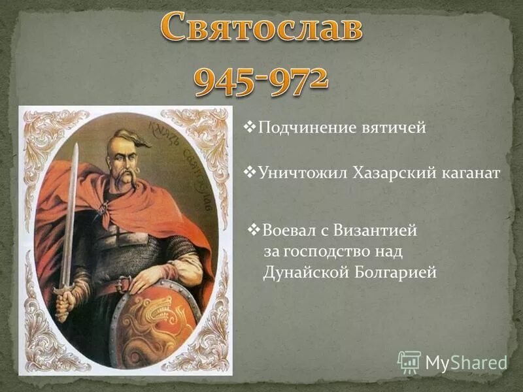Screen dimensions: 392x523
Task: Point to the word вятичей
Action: point(394,128)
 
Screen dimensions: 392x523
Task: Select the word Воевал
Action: point(288,231)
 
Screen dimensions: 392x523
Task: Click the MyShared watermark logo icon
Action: point(409,361)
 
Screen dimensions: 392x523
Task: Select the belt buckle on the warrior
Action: point(123,284)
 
